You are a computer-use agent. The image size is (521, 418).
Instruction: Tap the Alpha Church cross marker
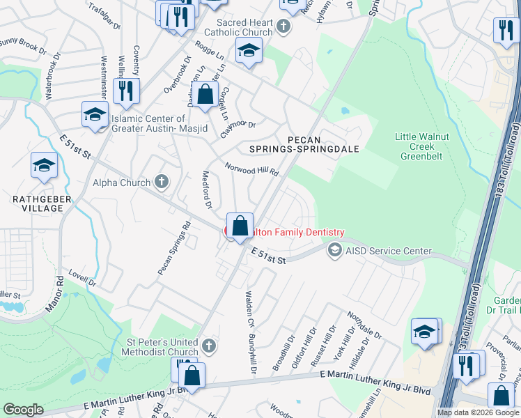pos(162,183)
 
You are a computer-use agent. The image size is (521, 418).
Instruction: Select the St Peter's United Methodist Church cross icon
pos(208,346)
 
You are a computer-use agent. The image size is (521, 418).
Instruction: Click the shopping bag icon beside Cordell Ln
pos(205,95)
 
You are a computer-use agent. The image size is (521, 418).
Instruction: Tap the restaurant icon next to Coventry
pos(126,91)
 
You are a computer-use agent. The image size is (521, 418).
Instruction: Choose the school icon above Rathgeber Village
pos(44,166)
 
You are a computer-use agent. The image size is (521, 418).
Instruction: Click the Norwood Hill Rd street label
pos(251,169)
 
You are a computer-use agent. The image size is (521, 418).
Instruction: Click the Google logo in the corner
pos(23,410)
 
